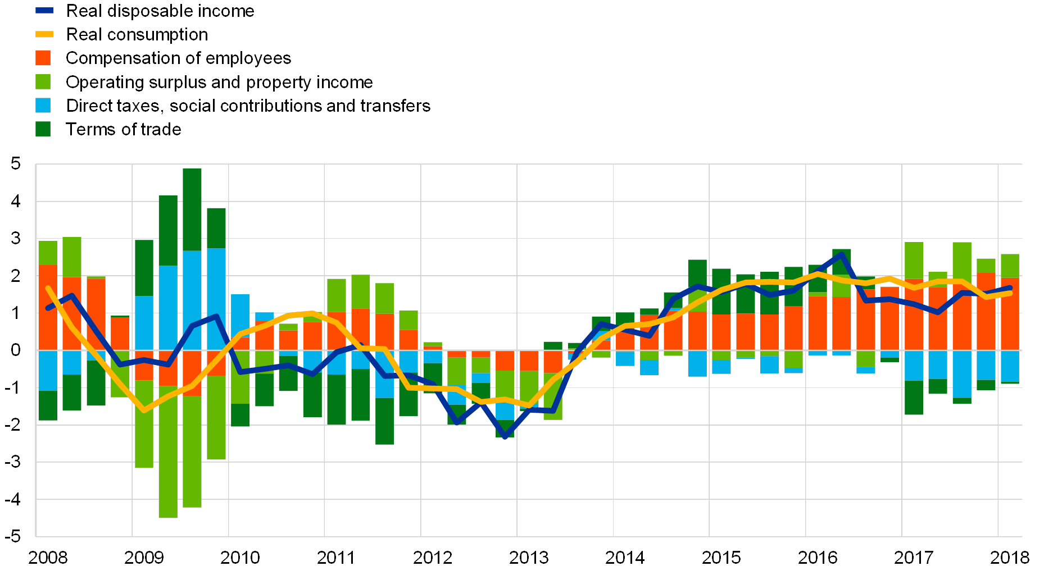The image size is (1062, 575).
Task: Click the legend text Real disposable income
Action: (x=162, y=11)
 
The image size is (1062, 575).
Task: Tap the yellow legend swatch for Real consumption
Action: (x=44, y=34)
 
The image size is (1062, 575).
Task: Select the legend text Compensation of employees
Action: (x=179, y=58)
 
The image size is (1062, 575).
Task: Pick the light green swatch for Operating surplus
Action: (x=43, y=82)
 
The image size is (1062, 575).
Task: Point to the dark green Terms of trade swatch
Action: (x=43, y=129)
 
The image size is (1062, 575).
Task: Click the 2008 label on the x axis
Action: (x=48, y=557)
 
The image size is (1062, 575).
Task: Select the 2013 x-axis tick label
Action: (x=528, y=557)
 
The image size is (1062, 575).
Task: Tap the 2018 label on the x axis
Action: (x=1009, y=557)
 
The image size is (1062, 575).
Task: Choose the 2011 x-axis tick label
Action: (x=336, y=557)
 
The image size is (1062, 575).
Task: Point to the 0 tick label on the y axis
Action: (x=16, y=350)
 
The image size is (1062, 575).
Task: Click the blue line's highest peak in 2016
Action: (x=841, y=254)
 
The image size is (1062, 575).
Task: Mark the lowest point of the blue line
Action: (x=505, y=436)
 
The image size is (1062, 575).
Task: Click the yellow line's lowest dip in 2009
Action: (x=144, y=410)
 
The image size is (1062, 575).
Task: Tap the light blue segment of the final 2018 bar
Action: (x=1010, y=366)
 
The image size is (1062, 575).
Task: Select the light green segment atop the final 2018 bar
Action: (x=1010, y=266)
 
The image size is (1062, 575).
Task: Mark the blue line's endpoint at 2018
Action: (x=1010, y=287)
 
